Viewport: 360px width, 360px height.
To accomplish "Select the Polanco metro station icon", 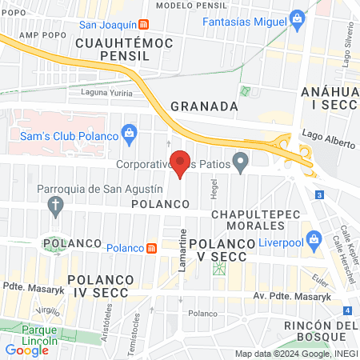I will (x=151, y=248).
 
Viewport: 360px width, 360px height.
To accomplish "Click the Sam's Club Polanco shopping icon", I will (x=127, y=132).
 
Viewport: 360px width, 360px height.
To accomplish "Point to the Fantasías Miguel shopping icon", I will (x=298, y=18).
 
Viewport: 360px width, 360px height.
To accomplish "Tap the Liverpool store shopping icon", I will (x=315, y=239).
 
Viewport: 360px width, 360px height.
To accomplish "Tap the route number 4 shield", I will (x=347, y=310).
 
